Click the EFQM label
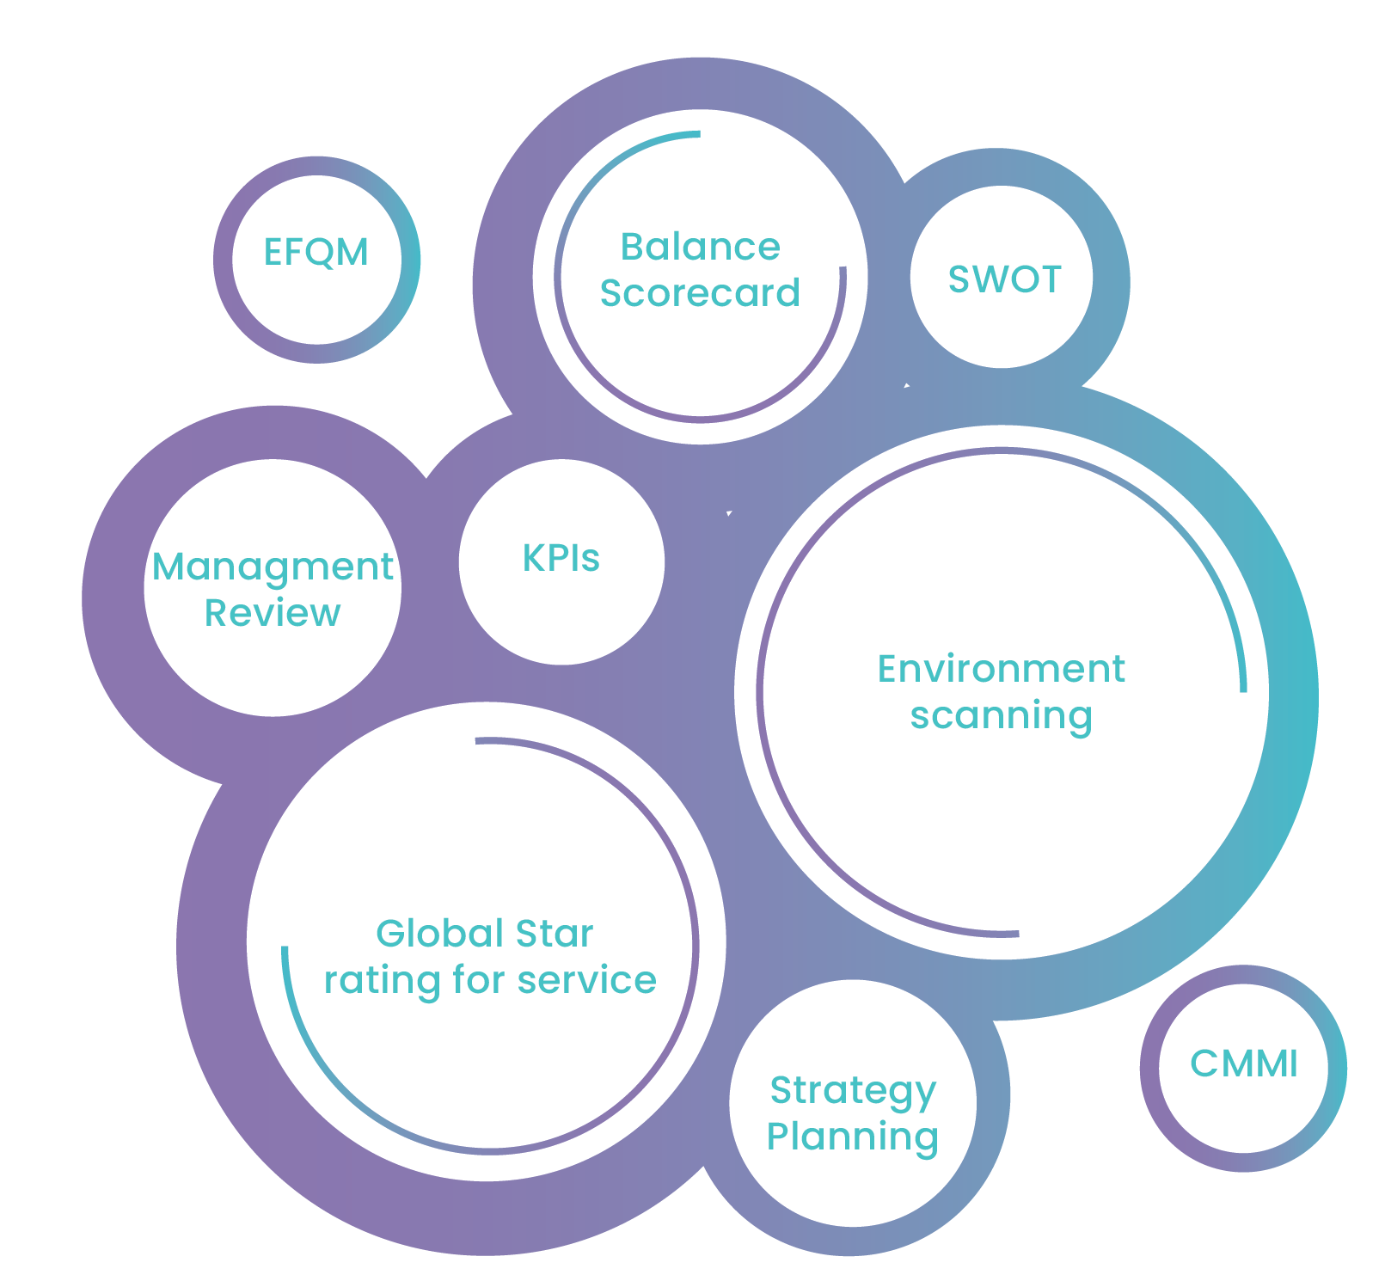click(x=316, y=253)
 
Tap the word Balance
click(x=700, y=248)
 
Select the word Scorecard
click(x=700, y=293)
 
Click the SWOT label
click(x=1004, y=279)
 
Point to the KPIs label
click(x=561, y=559)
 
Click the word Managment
click(x=273, y=568)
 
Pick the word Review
click(x=273, y=614)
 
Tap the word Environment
click(x=1001, y=670)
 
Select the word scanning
click(x=1001, y=716)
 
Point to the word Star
click(x=555, y=934)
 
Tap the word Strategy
click(x=852, y=1091)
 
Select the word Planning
click(x=852, y=1137)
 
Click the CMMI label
click(x=1243, y=1064)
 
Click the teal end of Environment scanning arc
click(x=1243, y=688)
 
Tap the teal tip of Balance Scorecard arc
click(x=697, y=134)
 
